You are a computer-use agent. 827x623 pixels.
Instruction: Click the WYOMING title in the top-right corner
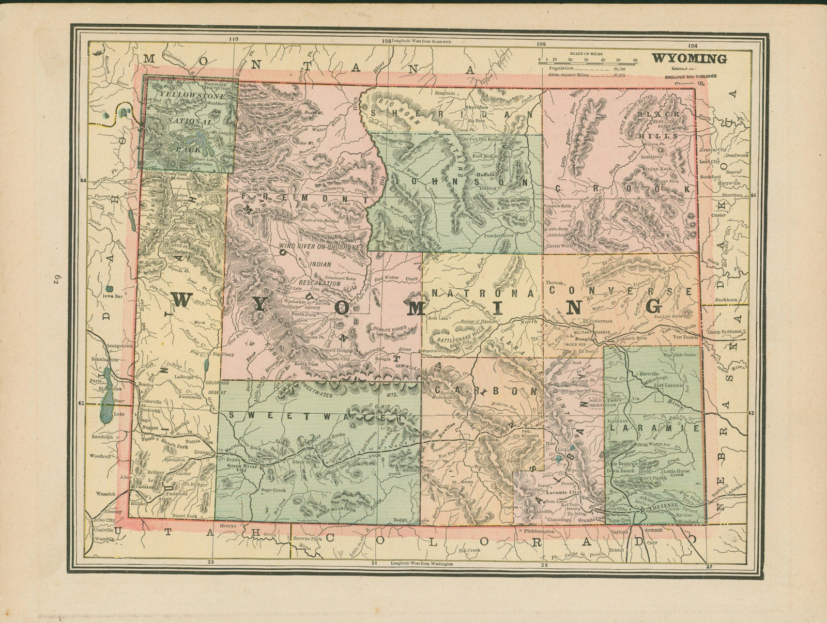688,58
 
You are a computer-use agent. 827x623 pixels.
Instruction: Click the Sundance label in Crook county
652,156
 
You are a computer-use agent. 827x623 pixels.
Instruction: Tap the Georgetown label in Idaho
118,346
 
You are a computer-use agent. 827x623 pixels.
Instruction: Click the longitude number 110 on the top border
234,39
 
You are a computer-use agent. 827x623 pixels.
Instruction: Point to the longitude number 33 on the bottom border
210,563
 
